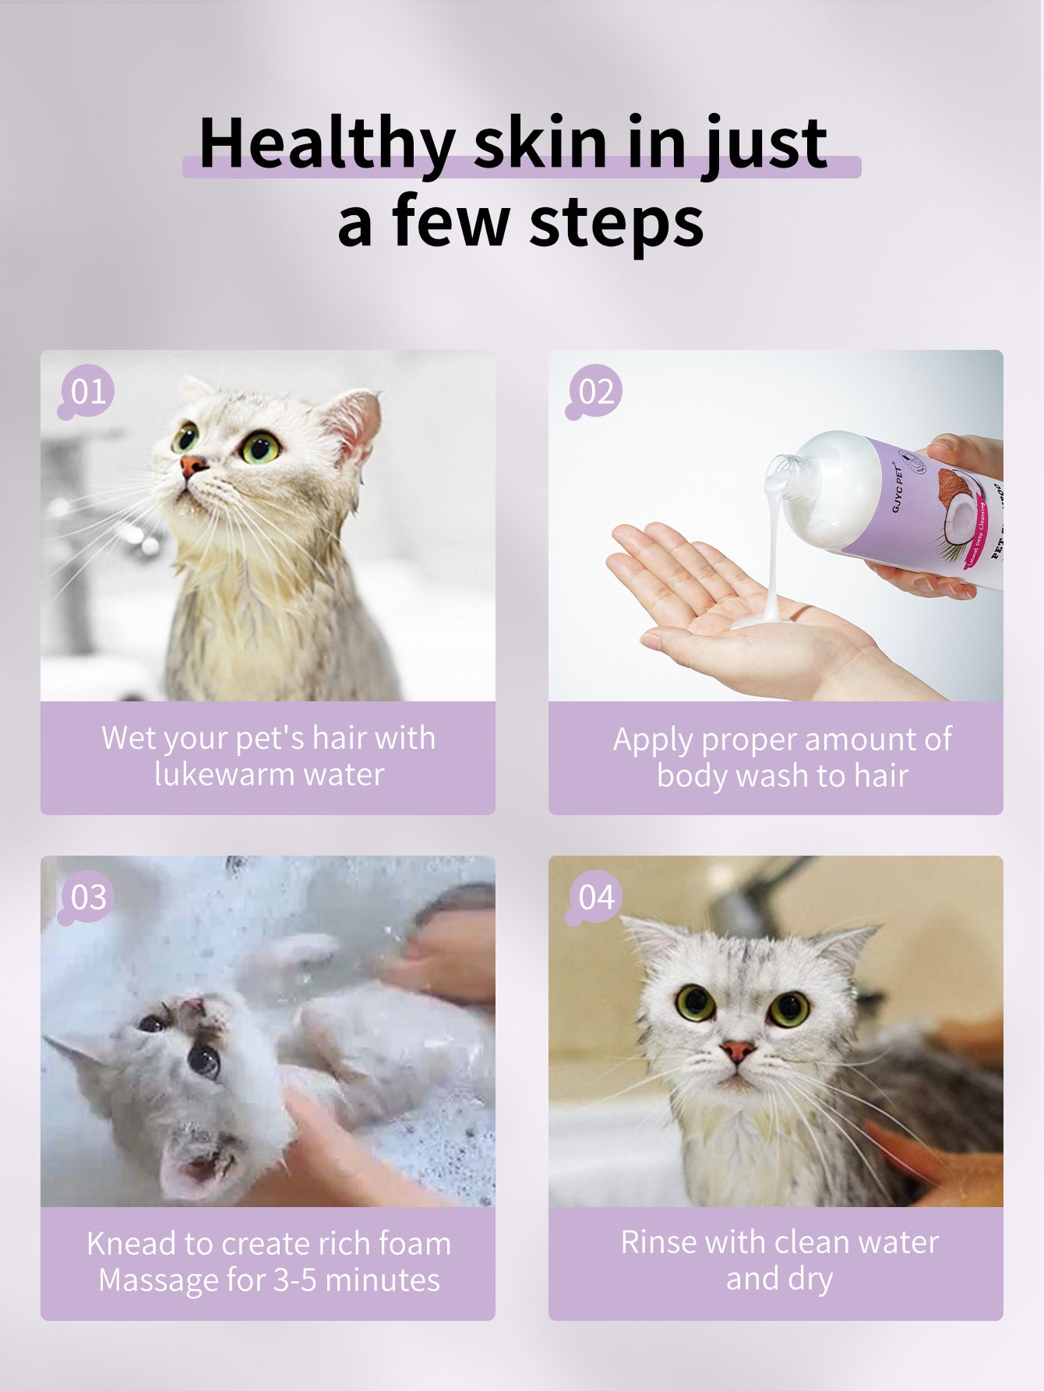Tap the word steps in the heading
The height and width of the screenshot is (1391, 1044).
point(615,224)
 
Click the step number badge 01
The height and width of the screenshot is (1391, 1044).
point(88,391)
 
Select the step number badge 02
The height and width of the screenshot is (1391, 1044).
point(596,391)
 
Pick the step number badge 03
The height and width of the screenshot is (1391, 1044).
point(88,897)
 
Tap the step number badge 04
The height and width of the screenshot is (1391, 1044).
point(596,897)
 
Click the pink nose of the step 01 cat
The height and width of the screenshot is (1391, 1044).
point(192,466)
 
